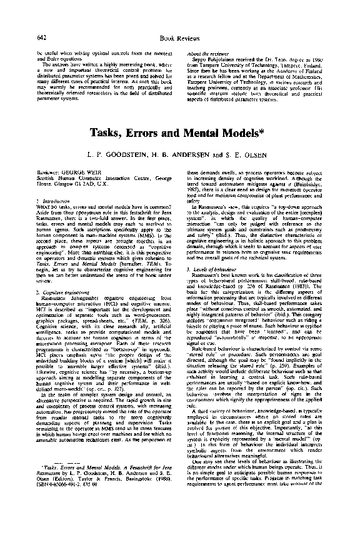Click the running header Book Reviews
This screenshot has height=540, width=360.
(179, 39)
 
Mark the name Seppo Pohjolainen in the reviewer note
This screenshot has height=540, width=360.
(214, 60)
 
